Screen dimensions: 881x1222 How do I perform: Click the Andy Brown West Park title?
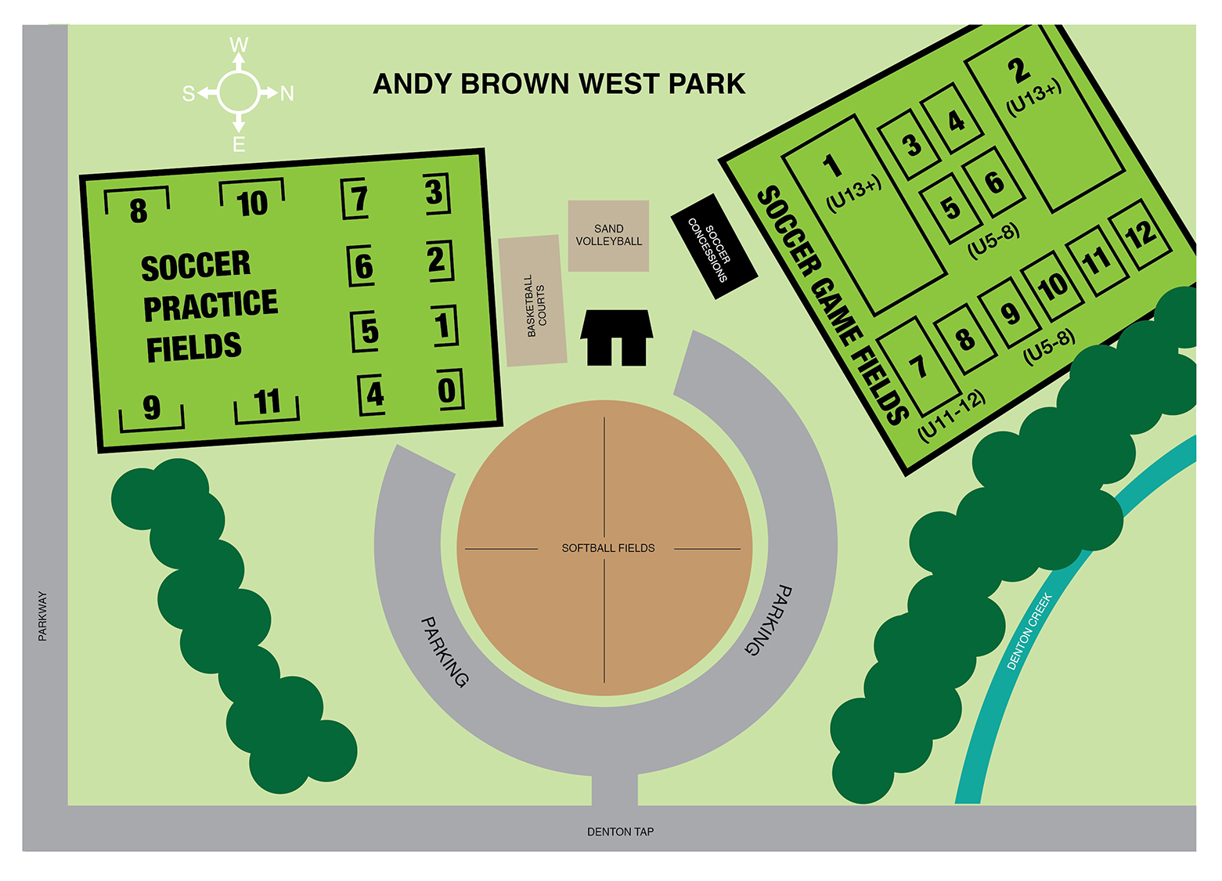click(x=559, y=84)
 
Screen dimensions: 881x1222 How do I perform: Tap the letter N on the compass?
click(x=287, y=94)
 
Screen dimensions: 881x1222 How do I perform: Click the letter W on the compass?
click(x=239, y=45)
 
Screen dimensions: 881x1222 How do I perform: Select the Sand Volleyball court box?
click(x=608, y=236)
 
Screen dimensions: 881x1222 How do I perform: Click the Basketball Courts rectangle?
click(x=533, y=301)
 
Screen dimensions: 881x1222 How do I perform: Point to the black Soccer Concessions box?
click(x=714, y=246)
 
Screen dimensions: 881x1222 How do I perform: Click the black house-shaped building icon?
click(x=616, y=338)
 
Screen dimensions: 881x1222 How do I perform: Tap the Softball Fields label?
click(x=607, y=548)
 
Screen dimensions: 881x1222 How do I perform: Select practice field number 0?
click(x=448, y=389)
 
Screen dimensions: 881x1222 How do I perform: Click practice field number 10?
click(x=251, y=202)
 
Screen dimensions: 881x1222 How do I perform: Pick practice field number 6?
click(x=362, y=265)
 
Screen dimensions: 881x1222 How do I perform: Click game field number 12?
click(x=1140, y=234)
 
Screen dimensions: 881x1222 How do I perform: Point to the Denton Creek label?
click(x=1029, y=631)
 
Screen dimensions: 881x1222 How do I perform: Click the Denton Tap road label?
click(x=620, y=832)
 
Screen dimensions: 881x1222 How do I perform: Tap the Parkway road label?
click(x=42, y=616)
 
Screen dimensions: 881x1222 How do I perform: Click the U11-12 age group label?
click(x=951, y=416)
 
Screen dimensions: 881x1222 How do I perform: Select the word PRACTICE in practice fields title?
click(x=210, y=305)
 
